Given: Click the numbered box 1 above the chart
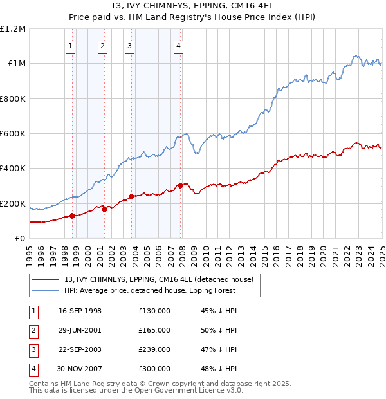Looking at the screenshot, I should point(69,46).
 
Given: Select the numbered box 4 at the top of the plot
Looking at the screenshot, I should point(178,46).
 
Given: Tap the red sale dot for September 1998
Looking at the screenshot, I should point(73,216).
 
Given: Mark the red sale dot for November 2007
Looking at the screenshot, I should point(181,185).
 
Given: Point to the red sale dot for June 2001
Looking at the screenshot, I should point(104,209).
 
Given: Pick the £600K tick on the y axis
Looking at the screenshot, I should point(13,134).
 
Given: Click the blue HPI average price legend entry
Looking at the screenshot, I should point(150,290).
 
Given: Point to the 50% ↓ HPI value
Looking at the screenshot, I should point(216,330).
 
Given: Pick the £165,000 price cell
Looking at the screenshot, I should point(154,330).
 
